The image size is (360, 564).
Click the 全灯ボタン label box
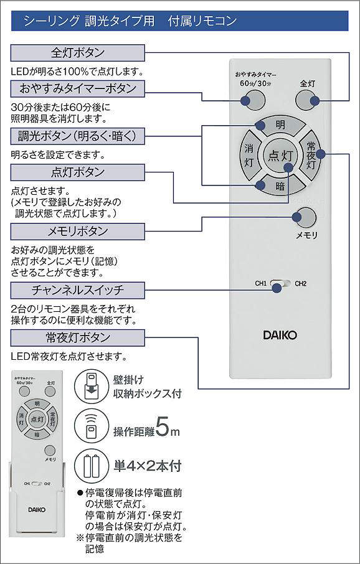[78, 53]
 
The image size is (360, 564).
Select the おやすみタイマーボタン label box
[78, 88]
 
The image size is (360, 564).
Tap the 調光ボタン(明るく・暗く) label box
[78, 136]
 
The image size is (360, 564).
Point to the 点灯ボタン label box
[78, 172]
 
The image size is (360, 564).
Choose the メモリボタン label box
[78, 232]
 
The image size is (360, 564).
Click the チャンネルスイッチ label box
[78, 290]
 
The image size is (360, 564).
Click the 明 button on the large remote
[280, 126]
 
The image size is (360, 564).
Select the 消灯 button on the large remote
[249, 156]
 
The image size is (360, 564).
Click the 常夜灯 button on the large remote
[310, 156]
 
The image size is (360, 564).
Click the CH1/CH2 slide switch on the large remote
[281, 284]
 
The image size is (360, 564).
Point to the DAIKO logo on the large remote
[280, 336]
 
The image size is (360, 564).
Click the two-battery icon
[92, 466]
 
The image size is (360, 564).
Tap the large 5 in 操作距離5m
[162, 426]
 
